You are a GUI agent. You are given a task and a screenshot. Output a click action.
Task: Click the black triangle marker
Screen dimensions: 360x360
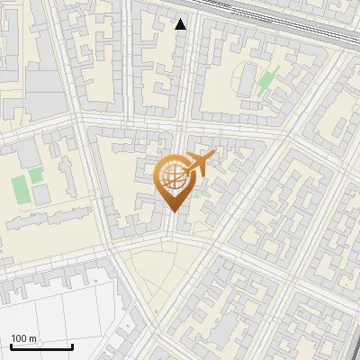(181, 24)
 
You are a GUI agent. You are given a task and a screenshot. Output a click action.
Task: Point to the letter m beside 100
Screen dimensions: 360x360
(33, 338)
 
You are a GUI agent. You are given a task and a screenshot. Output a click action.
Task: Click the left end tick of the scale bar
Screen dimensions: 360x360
(10, 346)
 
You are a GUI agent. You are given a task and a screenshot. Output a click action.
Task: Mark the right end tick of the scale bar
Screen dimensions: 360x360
(72, 346)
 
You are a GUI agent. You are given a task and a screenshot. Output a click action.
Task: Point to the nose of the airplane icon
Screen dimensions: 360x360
(215, 155)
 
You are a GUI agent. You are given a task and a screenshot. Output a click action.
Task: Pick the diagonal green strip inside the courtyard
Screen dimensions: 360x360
(267, 81)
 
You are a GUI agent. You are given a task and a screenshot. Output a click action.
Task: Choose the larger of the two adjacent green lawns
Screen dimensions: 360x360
(19, 189)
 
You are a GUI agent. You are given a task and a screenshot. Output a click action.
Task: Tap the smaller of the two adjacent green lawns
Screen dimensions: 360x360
(36, 174)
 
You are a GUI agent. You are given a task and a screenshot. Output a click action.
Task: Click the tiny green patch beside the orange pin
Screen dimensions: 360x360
(197, 193)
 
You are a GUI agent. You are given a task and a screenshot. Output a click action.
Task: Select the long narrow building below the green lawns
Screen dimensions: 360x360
(45, 216)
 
